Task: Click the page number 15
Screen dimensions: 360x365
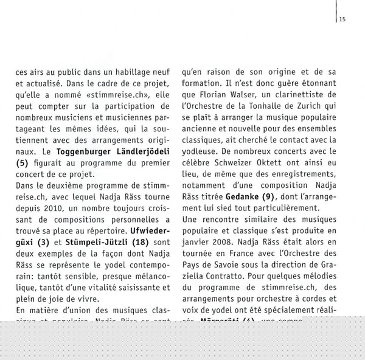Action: coord(342,19)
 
